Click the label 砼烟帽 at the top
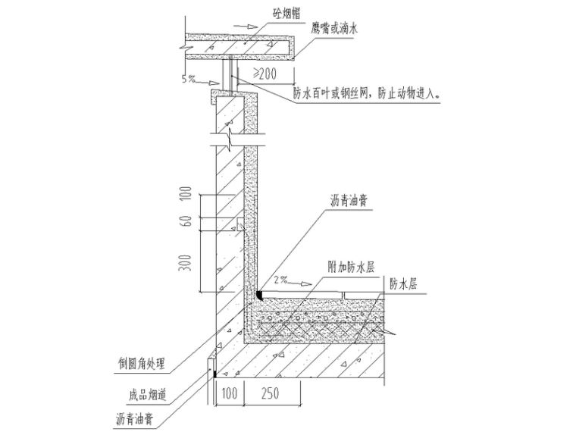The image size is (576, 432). [x=286, y=14]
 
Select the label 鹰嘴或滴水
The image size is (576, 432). [x=334, y=29]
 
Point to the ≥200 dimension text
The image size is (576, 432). [x=265, y=74]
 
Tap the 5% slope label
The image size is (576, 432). [x=188, y=79]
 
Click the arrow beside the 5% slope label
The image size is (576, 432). [x=208, y=83]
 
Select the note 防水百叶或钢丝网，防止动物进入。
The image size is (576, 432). [x=367, y=94]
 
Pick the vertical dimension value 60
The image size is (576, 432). [x=187, y=221]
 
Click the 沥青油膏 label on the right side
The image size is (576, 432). [x=349, y=201]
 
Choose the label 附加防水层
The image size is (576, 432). [x=352, y=267]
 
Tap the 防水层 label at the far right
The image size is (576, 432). [x=403, y=283]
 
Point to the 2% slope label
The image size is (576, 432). [x=280, y=280]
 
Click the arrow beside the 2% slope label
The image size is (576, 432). [x=300, y=283]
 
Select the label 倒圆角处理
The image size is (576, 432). [x=142, y=364]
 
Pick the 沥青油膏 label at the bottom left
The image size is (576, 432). [x=134, y=419]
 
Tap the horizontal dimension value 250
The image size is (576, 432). [x=271, y=393]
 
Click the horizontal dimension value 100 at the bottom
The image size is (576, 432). [x=230, y=393]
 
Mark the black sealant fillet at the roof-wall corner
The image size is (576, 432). [x=259, y=296]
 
